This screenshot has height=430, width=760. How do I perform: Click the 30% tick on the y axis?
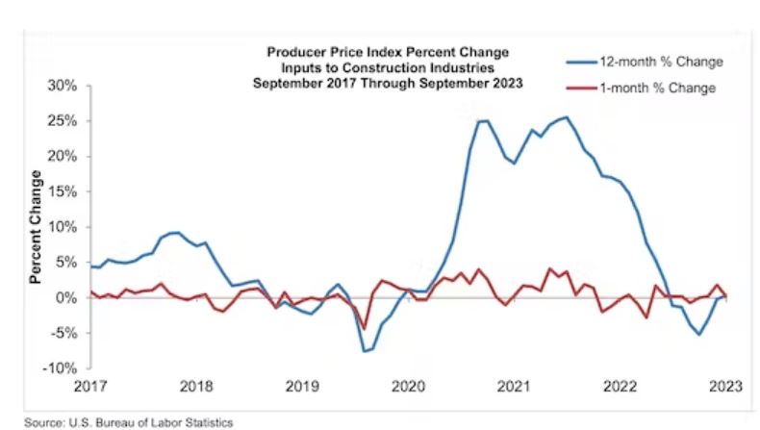(64, 86)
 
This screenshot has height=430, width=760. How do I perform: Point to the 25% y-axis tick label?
(64, 121)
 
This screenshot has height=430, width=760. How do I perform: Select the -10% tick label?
(63, 368)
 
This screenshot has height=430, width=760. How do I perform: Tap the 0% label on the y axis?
(68, 298)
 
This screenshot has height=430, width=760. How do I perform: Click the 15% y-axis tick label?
(64, 191)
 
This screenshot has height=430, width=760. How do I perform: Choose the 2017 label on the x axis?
(90, 387)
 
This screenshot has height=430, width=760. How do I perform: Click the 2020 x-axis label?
(409, 387)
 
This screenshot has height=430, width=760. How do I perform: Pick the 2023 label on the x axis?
(726, 387)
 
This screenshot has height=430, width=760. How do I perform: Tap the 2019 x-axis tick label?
(303, 387)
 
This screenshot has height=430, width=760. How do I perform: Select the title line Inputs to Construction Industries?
(388, 66)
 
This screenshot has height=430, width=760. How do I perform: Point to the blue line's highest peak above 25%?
(566, 117)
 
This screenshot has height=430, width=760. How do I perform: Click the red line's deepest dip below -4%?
(365, 329)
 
